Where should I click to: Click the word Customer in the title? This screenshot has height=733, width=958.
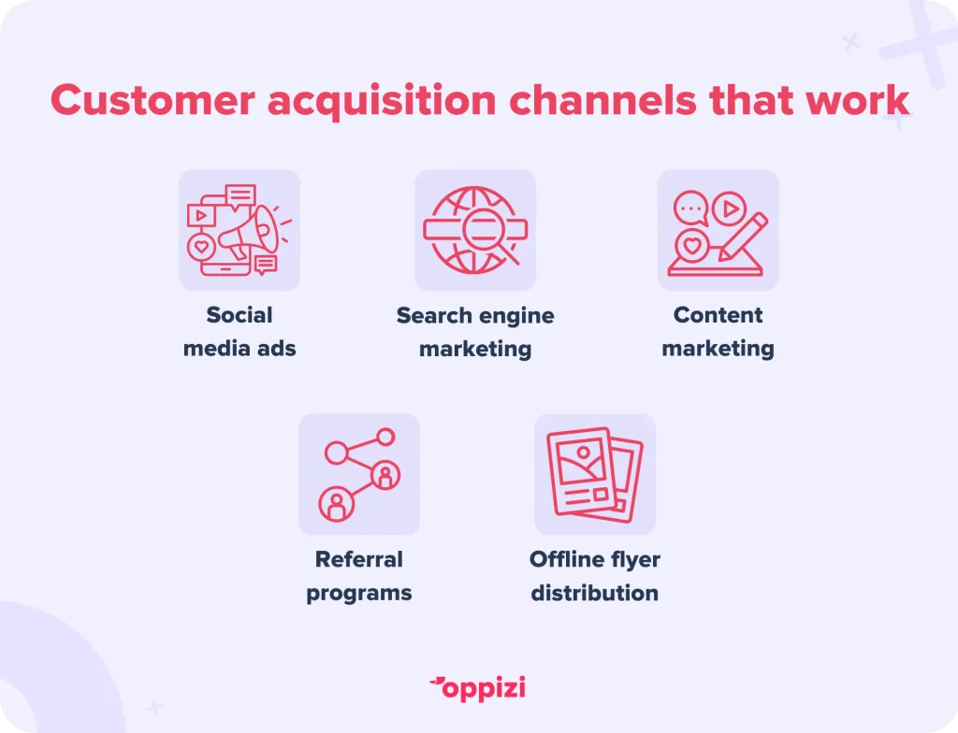(152, 100)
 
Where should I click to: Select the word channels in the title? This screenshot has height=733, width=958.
(602, 100)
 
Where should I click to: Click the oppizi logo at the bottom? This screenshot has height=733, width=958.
(477, 688)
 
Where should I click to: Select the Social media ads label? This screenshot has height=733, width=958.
(239, 332)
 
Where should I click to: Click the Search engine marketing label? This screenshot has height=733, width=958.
(475, 332)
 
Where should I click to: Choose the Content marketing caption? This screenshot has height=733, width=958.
(718, 332)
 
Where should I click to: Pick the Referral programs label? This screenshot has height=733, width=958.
(359, 576)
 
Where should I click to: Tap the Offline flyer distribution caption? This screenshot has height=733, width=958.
(594, 576)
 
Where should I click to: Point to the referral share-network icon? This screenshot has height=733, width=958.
(360, 475)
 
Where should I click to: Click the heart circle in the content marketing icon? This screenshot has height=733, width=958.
(691, 246)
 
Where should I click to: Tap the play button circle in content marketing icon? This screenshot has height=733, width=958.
(730, 208)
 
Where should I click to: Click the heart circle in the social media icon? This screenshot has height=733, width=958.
(202, 248)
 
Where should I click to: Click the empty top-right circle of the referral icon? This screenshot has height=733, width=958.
(385, 438)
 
